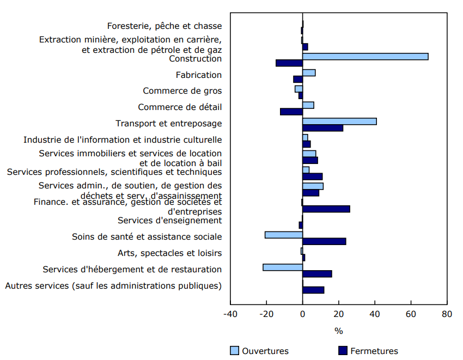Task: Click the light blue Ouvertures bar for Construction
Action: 365,57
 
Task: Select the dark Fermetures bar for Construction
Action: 289,63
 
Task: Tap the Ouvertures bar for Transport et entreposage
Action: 339,121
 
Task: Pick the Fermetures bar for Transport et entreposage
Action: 322,128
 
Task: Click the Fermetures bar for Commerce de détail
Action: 291,112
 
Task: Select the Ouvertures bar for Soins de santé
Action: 284,235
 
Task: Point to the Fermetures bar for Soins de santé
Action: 324,241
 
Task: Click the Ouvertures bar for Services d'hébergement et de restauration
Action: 283,267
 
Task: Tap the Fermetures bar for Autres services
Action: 313,290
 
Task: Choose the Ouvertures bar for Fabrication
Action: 309,73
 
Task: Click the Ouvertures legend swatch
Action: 234,351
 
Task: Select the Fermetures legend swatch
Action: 343,351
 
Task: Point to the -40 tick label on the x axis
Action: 230,315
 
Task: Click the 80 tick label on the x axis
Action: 447,315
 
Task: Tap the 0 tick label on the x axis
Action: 302,315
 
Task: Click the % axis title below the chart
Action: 338,331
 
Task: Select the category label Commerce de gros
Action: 182,91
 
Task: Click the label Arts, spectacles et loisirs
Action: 169,253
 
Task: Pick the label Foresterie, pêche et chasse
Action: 164,26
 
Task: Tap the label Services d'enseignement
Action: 169,221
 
